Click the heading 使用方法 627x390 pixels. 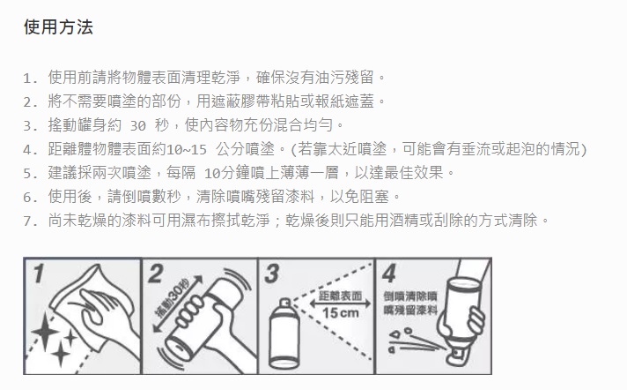(x=58, y=27)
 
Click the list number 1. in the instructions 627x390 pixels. (x=31, y=78)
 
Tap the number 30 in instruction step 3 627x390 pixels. (x=138, y=126)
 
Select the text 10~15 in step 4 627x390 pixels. (x=187, y=150)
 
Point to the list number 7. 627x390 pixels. (x=31, y=221)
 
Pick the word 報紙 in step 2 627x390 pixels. (x=330, y=101)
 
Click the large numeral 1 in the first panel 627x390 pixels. (x=39, y=274)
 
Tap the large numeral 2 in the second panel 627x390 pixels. (x=155, y=274)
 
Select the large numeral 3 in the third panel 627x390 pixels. (x=272, y=274)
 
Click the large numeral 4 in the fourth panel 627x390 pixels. (x=388, y=274)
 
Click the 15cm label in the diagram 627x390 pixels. (x=341, y=312)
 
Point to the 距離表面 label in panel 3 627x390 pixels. (x=341, y=296)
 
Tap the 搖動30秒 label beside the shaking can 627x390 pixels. (x=173, y=298)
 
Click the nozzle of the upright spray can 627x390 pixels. (x=284, y=304)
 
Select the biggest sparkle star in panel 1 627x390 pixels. (x=45, y=332)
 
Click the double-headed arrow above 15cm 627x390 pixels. (x=341, y=304)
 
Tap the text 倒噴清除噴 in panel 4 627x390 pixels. (x=410, y=296)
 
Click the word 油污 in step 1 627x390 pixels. (x=330, y=77)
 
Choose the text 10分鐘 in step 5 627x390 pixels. (x=227, y=173)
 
